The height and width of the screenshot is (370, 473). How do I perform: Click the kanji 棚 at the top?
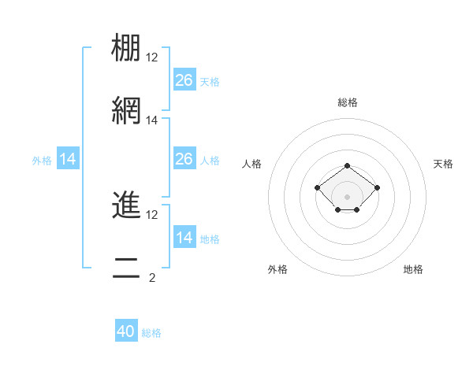coord(126,49)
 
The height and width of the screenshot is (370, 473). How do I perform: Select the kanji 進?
coord(126,204)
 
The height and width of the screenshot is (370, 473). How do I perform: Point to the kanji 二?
coord(126,268)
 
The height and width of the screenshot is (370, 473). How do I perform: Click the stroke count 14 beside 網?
coord(152,120)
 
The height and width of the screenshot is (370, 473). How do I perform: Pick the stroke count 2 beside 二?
coord(152,278)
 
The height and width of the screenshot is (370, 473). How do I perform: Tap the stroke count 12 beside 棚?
coord(152,57)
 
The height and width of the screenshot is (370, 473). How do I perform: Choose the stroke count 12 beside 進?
coord(152,214)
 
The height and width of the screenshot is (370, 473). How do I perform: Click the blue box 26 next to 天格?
coord(184,80)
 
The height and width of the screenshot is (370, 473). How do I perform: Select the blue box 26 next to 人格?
coord(184,159)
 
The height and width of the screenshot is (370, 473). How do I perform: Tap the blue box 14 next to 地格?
coord(184,238)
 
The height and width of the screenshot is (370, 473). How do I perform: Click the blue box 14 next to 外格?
coord(68,160)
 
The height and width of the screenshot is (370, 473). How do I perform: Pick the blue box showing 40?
coord(126,331)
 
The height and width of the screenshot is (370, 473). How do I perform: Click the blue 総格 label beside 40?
coord(151,333)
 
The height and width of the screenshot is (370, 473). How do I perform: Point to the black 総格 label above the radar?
coord(347,102)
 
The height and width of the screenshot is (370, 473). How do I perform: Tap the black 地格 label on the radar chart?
coord(413,269)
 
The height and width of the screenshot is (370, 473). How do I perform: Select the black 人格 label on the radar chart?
coord(252,164)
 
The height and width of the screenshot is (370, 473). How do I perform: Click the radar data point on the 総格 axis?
coord(347,165)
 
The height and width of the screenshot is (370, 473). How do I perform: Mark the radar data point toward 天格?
coord(377,187)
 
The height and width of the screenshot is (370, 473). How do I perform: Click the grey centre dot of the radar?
coord(347,197)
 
